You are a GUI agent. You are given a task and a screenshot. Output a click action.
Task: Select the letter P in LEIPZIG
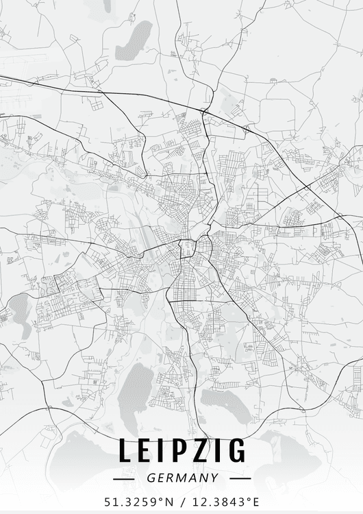tap(179, 451)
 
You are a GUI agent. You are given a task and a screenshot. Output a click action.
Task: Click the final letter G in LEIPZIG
tap(236, 451)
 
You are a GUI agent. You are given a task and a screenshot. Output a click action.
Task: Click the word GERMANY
tap(182, 478)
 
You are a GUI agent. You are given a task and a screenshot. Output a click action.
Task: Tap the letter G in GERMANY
tap(150, 478)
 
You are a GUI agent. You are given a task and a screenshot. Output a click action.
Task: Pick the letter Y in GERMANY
tap(214, 478)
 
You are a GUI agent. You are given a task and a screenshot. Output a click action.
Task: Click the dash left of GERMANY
tap(125, 478)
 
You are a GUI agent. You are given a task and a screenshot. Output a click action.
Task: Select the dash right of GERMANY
tap(238, 478)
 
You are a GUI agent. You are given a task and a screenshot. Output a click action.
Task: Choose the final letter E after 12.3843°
tap(256, 502)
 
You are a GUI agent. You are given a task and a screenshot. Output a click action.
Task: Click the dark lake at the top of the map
tap(135, 40)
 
